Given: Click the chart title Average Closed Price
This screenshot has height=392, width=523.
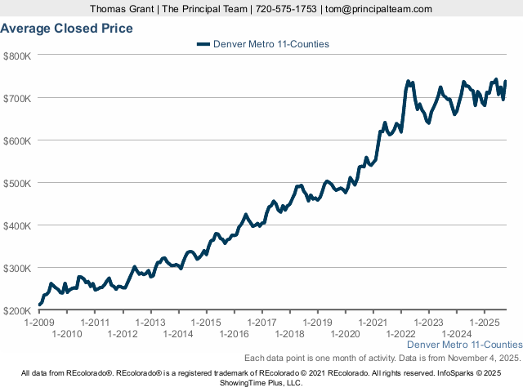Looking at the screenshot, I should click(67, 29).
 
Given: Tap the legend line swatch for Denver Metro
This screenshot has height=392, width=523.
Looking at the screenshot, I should click(203, 44).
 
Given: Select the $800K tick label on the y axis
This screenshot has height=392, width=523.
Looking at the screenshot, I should click(17, 56).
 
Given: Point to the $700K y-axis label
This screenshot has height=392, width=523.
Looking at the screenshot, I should click(17, 98).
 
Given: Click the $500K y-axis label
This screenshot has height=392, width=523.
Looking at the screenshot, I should click(17, 183).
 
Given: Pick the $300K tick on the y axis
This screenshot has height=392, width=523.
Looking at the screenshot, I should click(17, 268).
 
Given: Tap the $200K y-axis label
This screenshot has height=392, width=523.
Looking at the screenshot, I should click(17, 310).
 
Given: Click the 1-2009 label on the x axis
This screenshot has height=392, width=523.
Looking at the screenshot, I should click(39, 323).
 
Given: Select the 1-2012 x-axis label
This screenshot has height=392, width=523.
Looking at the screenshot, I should click(123, 334).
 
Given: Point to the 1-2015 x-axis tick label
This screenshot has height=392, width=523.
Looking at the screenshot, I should click(207, 323).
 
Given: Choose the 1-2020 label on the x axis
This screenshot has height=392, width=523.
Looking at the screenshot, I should click(345, 334).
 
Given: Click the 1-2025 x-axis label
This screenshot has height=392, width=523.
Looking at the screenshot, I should click(485, 323).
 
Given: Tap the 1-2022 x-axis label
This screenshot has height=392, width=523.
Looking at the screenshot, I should click(400, 334).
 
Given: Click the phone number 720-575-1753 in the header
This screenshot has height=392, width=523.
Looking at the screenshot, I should click(286, 9).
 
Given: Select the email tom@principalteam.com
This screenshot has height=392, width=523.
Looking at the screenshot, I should click(378, 9).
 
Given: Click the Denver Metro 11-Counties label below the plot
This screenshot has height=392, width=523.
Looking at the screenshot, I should click(463, 345).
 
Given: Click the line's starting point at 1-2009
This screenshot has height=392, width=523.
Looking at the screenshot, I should click(39, 305).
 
